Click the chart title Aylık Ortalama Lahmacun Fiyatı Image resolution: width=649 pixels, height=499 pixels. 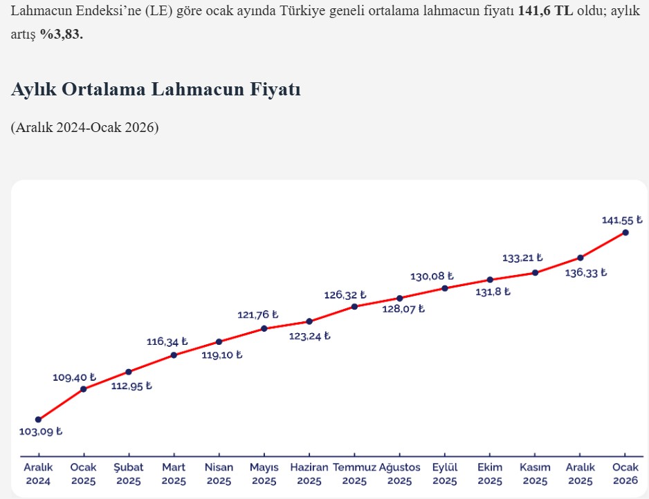click(x=156, y=90)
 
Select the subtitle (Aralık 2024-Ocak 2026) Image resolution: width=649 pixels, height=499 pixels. click(x=85, y=128)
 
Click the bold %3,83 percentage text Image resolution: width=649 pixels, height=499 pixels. click(x=61, y=35)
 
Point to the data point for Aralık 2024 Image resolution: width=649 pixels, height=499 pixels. click(x=38, y=420)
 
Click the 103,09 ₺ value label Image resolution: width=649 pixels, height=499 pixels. click(x=41, y=432)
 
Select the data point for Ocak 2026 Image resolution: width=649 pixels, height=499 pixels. click(x=625, y=232)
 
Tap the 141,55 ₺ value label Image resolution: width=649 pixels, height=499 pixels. click(x=622, y=220)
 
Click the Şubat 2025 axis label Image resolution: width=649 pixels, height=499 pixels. click(x=129, y=473)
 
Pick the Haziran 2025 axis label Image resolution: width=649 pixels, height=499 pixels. click(x=309, y=473)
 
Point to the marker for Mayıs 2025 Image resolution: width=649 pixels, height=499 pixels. click(x=264, y=328)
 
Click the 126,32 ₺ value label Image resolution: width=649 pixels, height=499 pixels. click(x=345, y=295)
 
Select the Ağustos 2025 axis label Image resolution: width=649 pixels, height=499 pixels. click(x=399, y=473)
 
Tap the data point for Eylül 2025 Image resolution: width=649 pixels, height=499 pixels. click(x=445, y=288)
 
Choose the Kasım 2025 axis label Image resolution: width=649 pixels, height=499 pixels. click(x=535, y=473)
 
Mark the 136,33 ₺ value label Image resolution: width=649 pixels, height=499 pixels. click(x=585, y=272)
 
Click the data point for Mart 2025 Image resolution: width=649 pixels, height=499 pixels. click(x=174, y=355)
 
